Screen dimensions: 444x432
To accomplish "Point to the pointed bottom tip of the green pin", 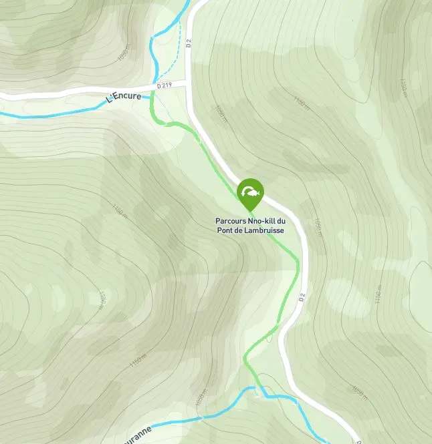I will pos(251,212).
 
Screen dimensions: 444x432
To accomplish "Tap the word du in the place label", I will pos(282,221).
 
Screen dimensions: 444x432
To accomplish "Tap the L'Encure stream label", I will pos(124,97).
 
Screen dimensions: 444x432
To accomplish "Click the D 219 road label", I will pos(165,86).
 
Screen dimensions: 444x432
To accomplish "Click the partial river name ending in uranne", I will pos(137,430).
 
